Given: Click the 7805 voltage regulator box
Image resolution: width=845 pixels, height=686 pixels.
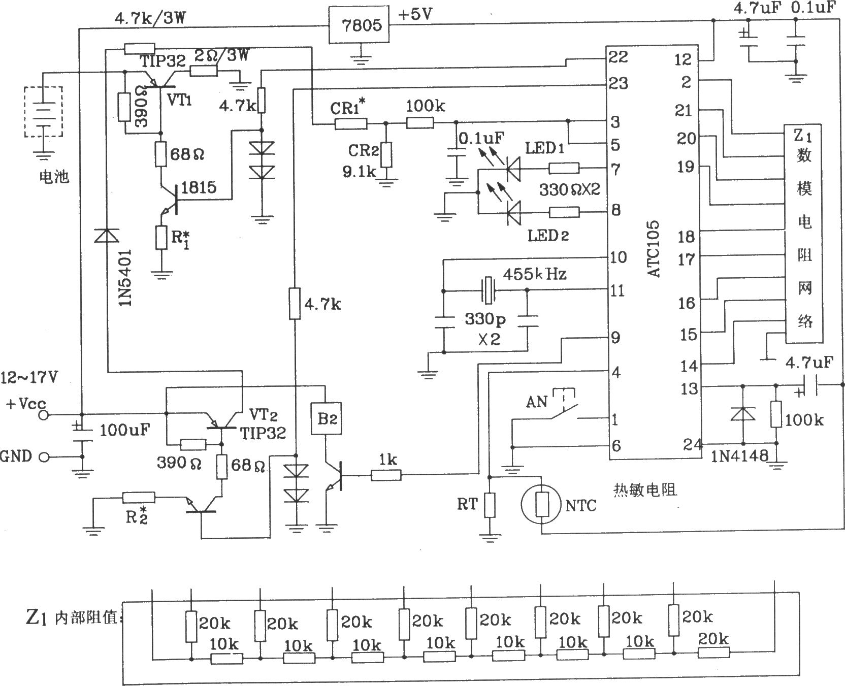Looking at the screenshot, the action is [361, 25].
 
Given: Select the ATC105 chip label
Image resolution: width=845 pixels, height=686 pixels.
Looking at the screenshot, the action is [654, 248].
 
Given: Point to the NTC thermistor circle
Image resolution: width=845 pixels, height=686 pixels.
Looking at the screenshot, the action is [542, 505].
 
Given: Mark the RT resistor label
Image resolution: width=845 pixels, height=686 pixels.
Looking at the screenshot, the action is [468, 504].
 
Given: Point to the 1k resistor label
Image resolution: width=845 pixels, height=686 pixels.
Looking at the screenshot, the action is [387, 460].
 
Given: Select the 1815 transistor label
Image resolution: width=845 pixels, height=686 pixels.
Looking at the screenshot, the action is [199, 187].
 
